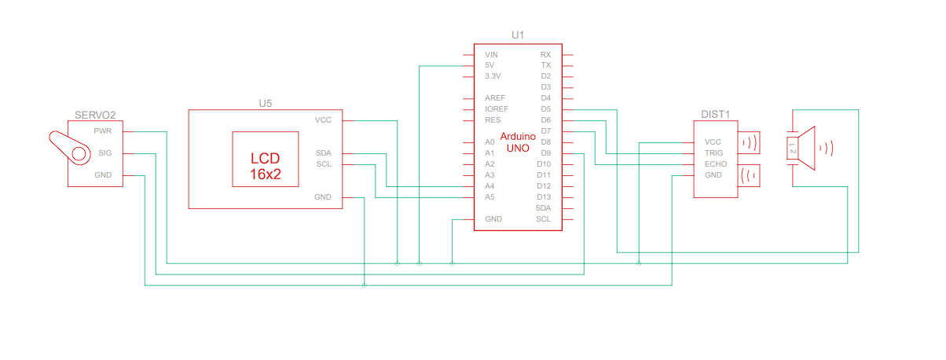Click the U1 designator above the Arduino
pos(517,35)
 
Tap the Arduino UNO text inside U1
pos(518,141)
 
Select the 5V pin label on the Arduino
pos(489,65)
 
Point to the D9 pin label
pos(545,152)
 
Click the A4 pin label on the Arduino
pos(489,186)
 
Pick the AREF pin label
pos(495,97)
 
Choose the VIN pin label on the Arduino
pos(491,54)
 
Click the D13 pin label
pos(544,197)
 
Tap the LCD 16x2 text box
pos(266,165)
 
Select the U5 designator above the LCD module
pos(266,102)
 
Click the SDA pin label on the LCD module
pos(323,152)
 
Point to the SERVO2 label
pos(95,115)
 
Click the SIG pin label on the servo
pos(104,152)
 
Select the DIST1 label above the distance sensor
pos(716,114)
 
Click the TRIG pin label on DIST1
pos(713,152)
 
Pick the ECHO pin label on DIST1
pos(715,163)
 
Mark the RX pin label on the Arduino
pos(545,54)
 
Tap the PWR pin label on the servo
pos(103,130)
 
